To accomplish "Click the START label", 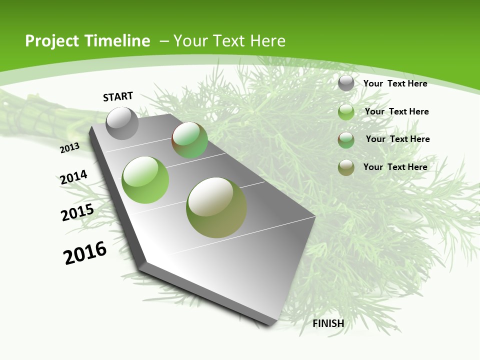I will point(118,96).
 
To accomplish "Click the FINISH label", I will point(328,323).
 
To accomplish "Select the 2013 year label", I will point(69,148).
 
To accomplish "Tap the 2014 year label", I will point(73,177).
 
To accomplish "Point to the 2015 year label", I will point(77,212).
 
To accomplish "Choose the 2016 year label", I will point(85,253).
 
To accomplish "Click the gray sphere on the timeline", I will point(122,123).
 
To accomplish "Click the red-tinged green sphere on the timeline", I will point(189,140).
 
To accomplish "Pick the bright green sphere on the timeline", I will point(145,179).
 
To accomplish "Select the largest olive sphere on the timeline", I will point(216,207).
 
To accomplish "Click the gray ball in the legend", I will point(346,83).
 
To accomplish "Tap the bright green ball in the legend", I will point(346,111).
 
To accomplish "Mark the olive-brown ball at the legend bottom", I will point(346,167).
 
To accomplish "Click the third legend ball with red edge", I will point(346,140).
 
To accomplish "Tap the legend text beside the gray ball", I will point(395,83).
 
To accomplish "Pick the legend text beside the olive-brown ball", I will point(395,167).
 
